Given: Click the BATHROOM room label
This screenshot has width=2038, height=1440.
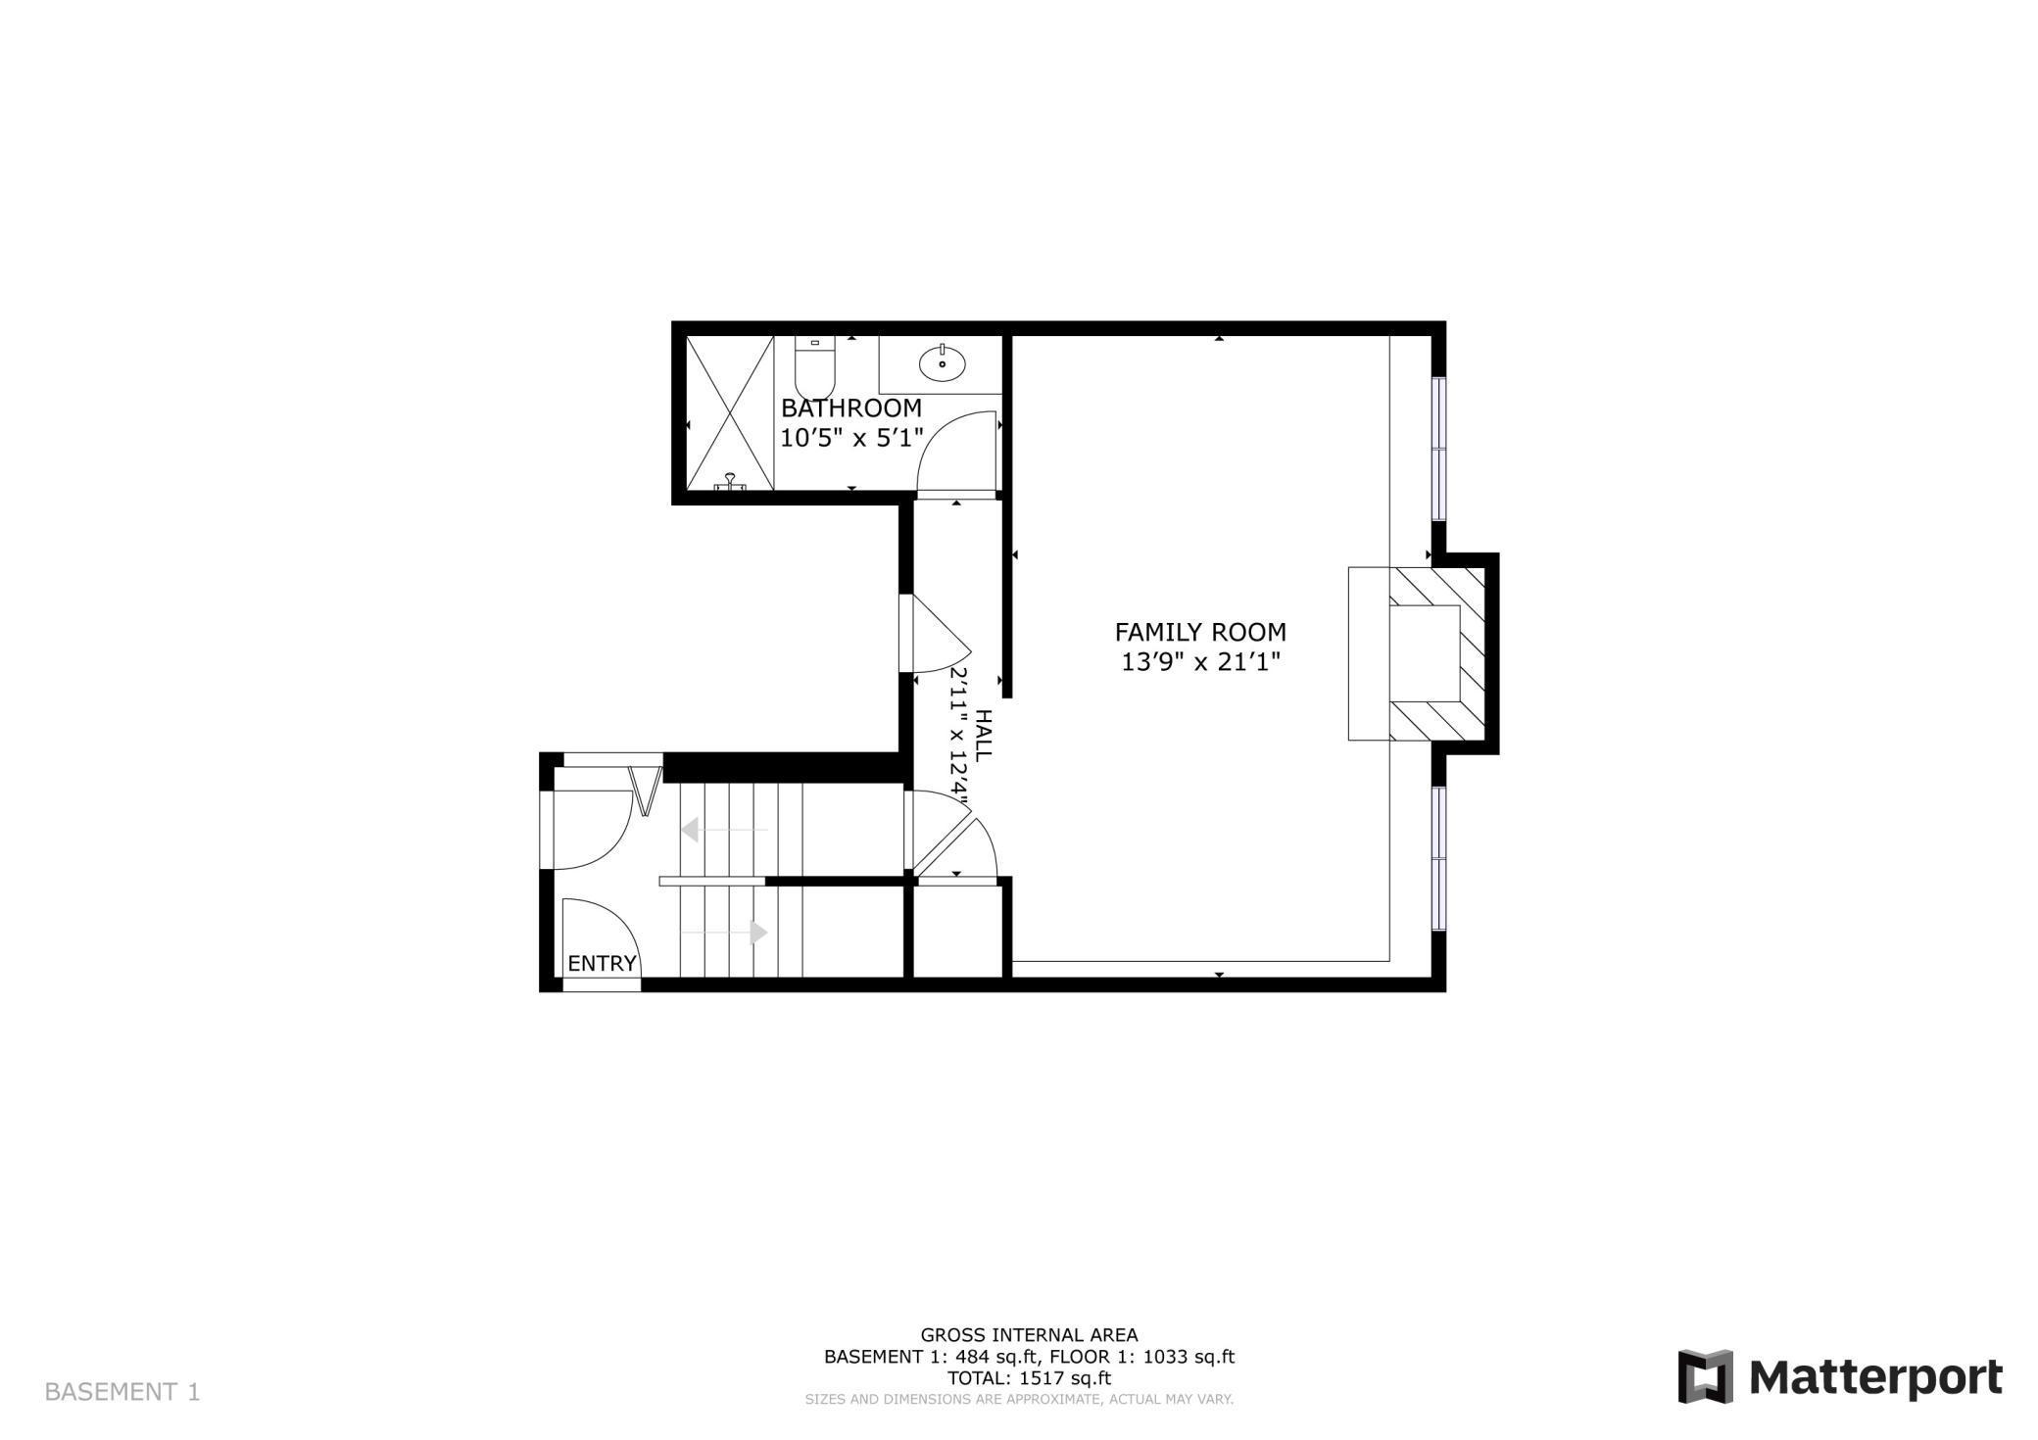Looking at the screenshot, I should point(850,408).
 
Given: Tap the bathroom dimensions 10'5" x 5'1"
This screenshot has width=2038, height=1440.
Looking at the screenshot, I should point(851,438).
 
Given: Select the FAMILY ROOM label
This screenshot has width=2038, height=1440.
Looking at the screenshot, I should point(1200,632).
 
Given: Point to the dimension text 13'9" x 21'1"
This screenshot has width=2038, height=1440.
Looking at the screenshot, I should point(1200,663).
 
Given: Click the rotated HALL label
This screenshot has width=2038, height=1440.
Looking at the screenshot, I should point(983,735).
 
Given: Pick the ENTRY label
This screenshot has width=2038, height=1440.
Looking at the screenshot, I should point(602,963).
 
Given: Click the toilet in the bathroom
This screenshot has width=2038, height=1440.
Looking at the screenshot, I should point(813,368).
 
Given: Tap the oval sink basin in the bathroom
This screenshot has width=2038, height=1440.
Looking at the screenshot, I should point(942,364).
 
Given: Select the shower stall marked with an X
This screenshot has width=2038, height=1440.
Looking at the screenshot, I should point(729,411).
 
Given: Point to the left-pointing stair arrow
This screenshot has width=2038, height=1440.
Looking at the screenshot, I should point(690,830).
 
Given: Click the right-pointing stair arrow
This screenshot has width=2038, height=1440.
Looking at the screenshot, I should point(758,932).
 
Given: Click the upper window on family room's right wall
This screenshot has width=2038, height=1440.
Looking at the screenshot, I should point(1438,449).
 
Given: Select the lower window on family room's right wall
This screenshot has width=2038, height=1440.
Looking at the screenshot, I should point(1438,857).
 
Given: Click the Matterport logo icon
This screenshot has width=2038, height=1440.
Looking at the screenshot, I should point(1706,1375).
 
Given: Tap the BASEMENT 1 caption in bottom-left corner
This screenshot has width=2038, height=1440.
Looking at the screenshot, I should point(122,1391).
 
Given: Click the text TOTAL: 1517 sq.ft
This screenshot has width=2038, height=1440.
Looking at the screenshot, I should point(1028,1377).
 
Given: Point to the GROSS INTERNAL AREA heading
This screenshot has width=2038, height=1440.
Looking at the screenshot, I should point(1028,1334).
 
